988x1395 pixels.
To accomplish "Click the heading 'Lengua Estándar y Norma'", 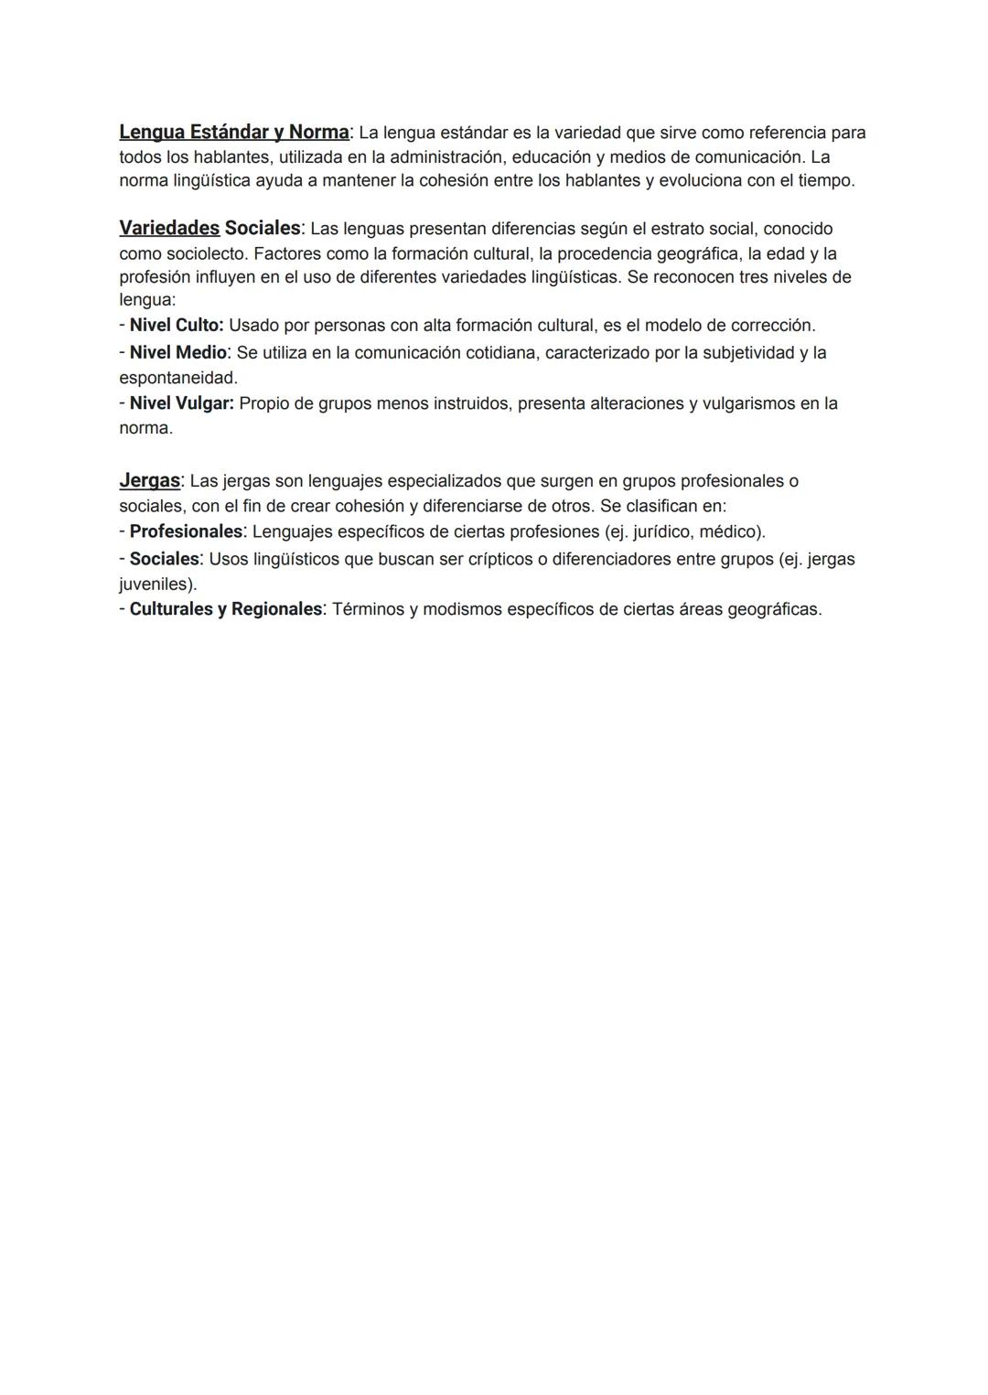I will (x=233, y=133).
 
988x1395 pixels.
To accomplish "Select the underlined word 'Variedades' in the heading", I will (x=169, y=228).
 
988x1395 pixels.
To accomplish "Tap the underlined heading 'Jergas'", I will (x=149, y=480).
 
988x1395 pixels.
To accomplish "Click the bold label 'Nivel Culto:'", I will (x=177, y=325).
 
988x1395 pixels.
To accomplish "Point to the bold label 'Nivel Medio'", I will (x=177, y=352).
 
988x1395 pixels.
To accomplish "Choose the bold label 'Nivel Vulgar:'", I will (x=182, y=403).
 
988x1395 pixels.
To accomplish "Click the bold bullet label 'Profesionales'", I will (x=186, y=531).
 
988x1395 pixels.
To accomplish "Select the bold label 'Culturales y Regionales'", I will (x=226, y=609).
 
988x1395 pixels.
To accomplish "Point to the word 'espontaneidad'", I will (x=177, y=377).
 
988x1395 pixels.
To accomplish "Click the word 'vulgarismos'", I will (x=747, y=403).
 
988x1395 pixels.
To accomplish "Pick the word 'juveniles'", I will (x=156, y=584).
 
